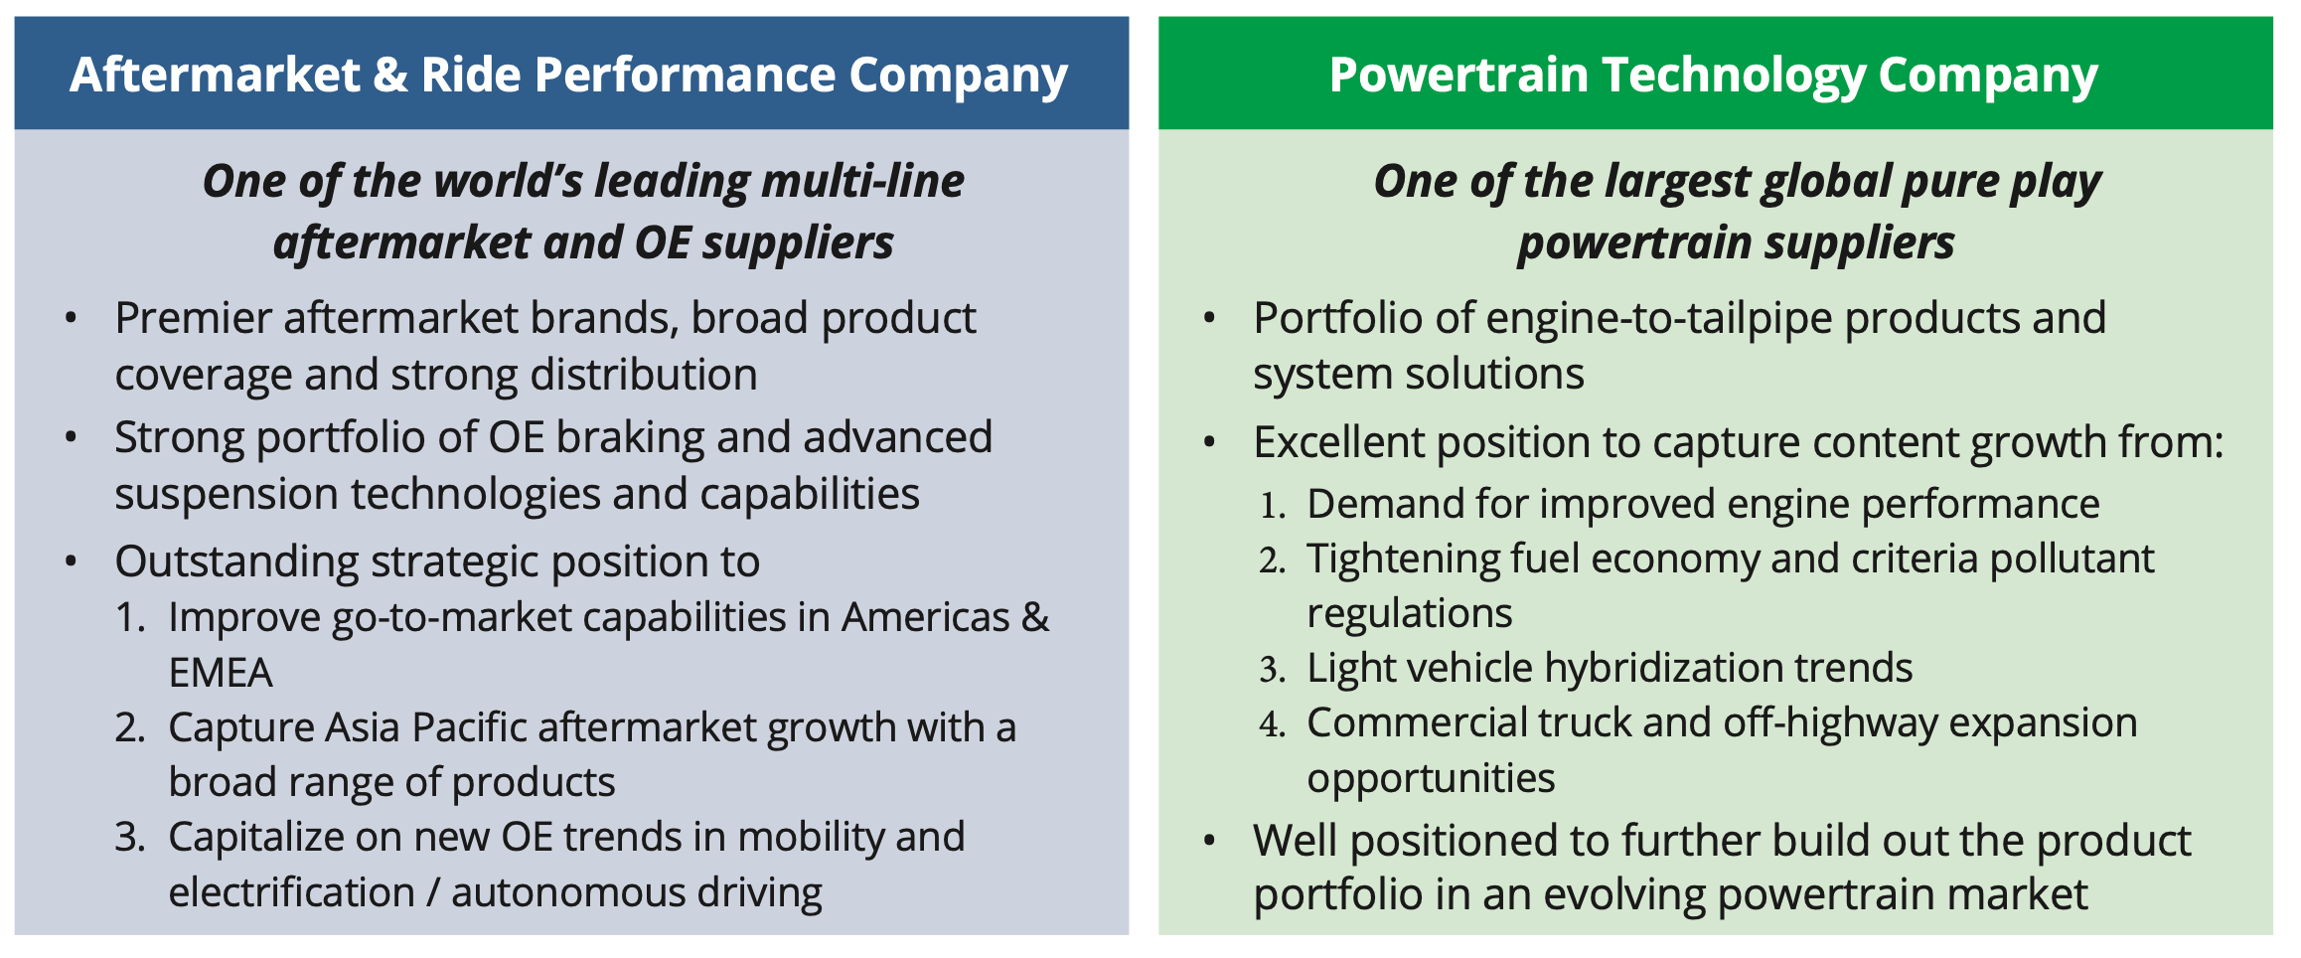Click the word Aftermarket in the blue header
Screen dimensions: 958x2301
[215, 76]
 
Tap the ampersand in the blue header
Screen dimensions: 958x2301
[390, 76]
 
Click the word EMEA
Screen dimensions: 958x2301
[221, 673]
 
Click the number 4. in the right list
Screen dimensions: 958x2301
[1273, 724]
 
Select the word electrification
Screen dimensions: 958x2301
[291, 892]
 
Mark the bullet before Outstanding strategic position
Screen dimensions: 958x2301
[71, 561]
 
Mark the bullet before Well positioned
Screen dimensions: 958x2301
[1209, 841]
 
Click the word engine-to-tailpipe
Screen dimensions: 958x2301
[1658, 319]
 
